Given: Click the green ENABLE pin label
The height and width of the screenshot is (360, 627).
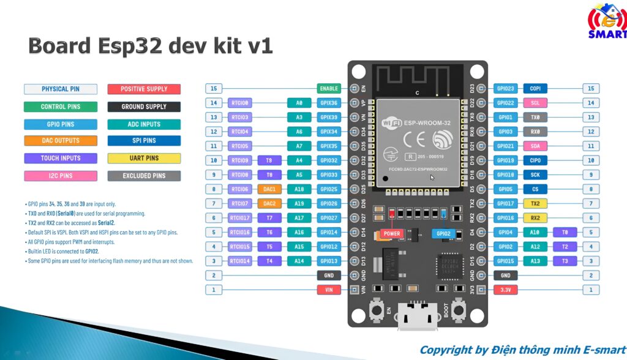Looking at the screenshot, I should tap(329, 88).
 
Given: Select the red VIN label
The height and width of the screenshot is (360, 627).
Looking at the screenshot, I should tap(329, 290).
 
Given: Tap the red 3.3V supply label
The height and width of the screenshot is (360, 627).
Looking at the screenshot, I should tap(506, 290).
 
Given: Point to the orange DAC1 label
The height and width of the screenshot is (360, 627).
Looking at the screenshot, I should tap(269, 189).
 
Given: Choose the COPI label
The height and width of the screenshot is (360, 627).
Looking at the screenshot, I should tap(535, 88).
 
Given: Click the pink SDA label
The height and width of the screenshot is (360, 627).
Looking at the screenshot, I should tap(535, 146).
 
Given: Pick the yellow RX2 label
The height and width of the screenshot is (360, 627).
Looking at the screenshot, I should tap(535, 218).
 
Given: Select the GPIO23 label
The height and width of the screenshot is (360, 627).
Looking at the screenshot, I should tap(506, 88).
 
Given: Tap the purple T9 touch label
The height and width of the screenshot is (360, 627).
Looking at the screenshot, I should tap(269, 160).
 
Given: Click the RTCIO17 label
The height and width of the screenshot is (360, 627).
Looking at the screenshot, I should tap(239, 218).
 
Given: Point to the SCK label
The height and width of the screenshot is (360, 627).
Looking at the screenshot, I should tap(535, 175).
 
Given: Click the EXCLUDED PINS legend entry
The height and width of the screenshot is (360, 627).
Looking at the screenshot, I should tap(144, 176).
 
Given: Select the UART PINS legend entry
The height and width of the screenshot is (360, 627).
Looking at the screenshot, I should tap(144, 158).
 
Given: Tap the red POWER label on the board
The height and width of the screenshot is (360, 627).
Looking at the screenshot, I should tap(391, 233).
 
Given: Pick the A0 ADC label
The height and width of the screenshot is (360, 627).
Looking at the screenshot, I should tap(299, 103).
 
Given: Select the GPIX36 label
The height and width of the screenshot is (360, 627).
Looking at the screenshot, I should tap(329, 103).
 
